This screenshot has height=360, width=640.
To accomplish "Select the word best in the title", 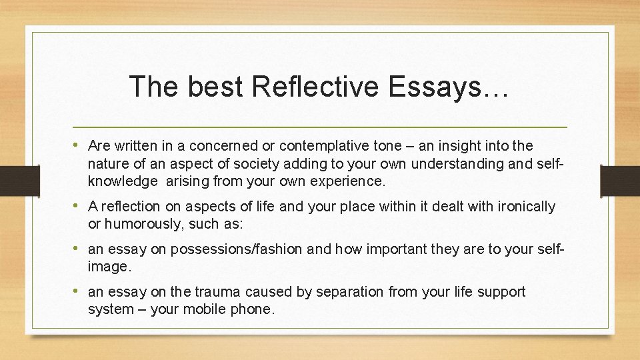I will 211,87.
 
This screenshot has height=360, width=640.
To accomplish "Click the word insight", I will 451,146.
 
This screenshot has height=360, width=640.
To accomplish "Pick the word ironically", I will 523,207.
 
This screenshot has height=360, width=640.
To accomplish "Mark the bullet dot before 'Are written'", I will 78,145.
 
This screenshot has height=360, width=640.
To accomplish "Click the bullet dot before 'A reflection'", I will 78,206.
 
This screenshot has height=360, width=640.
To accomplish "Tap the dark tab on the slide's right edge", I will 619,180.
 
